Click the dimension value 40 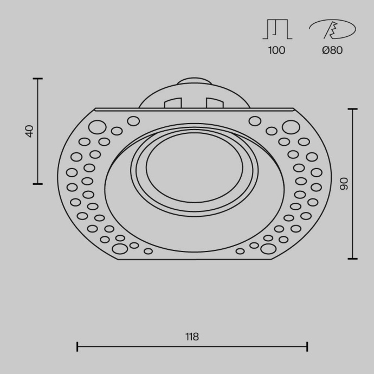tap(29, 131)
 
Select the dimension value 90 tap(343, 184)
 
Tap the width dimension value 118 tap(192, 337)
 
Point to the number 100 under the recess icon tap(276, 50)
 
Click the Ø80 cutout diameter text tap(332, 50)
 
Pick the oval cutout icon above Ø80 tap(332, 29)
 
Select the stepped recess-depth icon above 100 tap(277, 29)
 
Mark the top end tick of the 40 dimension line tap(37, 79)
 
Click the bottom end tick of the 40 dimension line tap(37, 184)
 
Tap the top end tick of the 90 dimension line tap(352, 109)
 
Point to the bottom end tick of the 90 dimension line tap(352, 259)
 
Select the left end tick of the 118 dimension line tap(77, 346)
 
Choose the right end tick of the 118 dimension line tap(307, 346)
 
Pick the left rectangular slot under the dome tap(173, 102)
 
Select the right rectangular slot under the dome tap(214, 102)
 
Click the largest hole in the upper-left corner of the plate tap(97, 128)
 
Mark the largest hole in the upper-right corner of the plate tap(291, 128)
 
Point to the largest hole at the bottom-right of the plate tap(268, 249)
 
